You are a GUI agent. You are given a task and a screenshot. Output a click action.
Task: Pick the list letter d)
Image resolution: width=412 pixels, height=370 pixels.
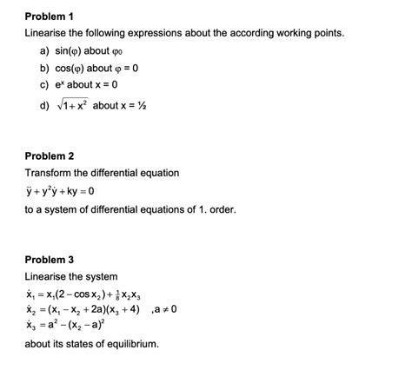tap(43, 106)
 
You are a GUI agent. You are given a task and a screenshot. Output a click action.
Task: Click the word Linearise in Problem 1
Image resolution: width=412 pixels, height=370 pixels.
tap(50, 33)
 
